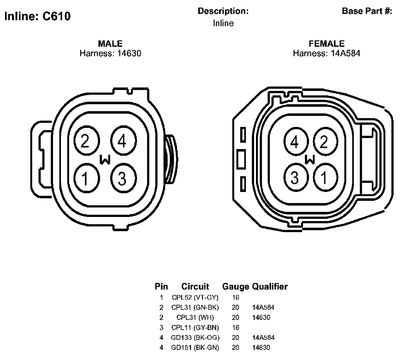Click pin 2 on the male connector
[86, 141]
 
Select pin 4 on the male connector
[123, 141]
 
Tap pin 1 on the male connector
[86, 178]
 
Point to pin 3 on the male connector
[123, 178]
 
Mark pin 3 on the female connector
[296, 177]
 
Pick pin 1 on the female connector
[325, 177]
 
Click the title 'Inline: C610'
[38, 16]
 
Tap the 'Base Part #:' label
[367, 11]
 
